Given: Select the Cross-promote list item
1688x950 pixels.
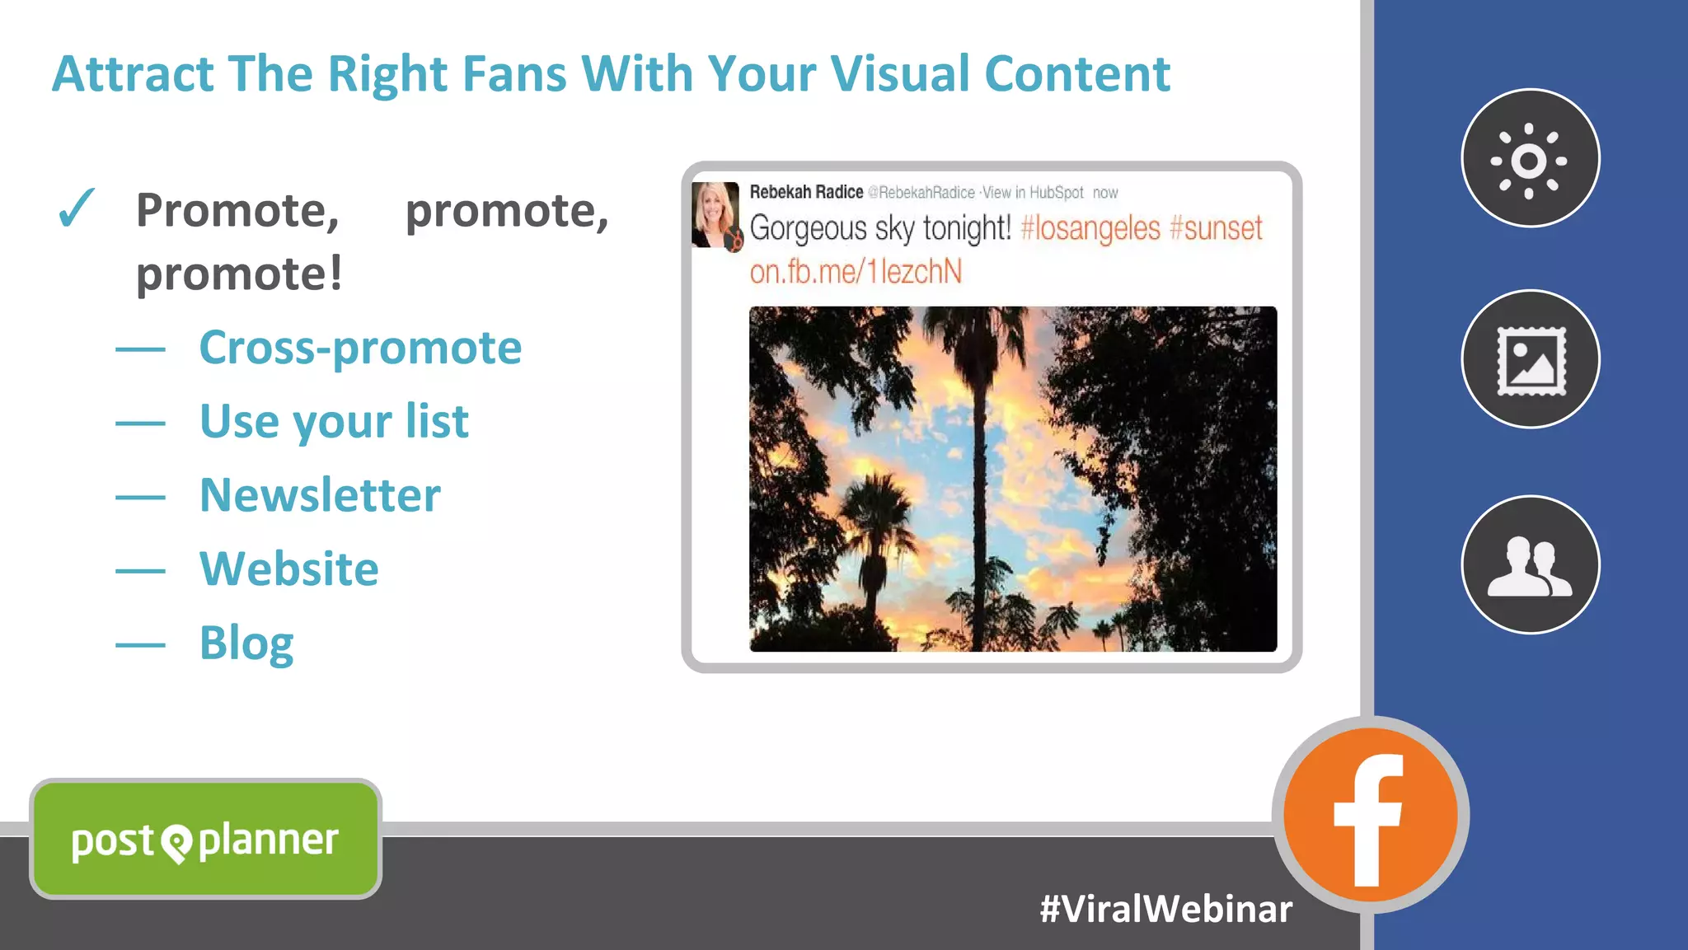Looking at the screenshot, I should tap(360, 348).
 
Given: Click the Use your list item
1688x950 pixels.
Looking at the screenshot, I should tap(334, 422).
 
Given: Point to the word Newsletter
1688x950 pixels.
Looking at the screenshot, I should tap(320, 495).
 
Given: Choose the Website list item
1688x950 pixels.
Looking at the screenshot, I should tap(288, 569).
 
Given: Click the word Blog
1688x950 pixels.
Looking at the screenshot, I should tap(246, 643).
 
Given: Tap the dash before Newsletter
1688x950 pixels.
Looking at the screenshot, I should tap(140, 497).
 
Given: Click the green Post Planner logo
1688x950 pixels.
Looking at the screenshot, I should tap(205, 840).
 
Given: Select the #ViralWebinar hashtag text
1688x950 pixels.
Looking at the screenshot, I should tap(1165, 909).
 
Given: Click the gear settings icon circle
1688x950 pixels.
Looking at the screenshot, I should tap(1530, 159).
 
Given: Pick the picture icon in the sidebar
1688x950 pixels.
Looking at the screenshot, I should tap(1530, 360).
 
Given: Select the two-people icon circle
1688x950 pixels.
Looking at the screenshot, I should tap(1530, 565).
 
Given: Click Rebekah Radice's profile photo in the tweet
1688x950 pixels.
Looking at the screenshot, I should tap(714, 214).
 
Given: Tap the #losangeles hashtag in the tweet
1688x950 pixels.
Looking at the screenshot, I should tap(1090, 228).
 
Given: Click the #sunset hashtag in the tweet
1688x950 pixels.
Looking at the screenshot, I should tap(1216, 228).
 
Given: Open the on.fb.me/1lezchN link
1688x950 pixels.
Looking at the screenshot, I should tap(856, 272).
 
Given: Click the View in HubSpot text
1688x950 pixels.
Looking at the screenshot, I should tap(1033, 193).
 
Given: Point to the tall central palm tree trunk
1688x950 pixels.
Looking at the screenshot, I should tap(979, 494).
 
